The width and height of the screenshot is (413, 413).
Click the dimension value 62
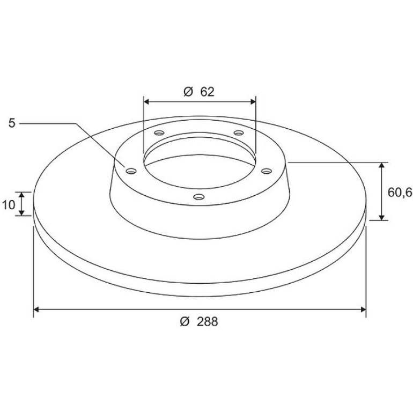[207, 92]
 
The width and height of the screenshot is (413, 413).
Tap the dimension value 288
[207, 322]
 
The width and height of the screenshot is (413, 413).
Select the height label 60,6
[400, 193]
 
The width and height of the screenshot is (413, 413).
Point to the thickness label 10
[9, 205]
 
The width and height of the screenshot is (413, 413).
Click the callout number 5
[12, 123]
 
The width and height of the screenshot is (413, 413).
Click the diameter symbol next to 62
[188, 92]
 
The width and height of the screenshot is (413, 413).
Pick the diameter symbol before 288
[185, 322]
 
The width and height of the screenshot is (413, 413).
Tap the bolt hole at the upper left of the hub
[159, 132]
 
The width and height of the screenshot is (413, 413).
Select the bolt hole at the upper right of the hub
[239, 132]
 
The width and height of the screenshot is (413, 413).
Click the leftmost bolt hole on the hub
[131, 171]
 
